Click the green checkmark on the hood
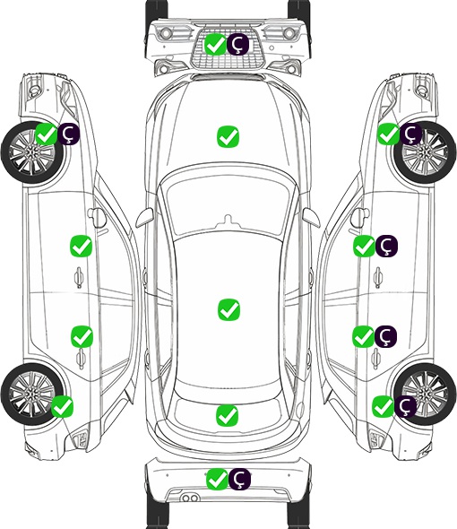click(228, 136)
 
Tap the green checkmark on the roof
click(228, 309)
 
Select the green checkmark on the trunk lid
click(227, 415)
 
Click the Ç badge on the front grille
click(237, 44)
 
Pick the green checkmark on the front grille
click(215, 44)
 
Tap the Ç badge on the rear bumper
click(239, 479)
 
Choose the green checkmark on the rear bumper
click(217, 479)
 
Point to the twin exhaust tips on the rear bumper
click(190, 499)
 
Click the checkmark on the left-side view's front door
click(81, 246)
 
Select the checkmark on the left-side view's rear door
click(82, 336)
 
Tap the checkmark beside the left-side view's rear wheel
click(63, 406)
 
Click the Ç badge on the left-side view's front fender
click(69, 134)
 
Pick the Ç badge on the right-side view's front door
click(386, 246)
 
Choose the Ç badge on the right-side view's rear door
click(385, 336)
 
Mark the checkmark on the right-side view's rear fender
click(383, 406)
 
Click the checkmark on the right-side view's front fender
click(388, 134)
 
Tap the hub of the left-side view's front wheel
click(31, 152)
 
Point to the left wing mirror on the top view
click(144, 218)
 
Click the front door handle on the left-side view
click(79, 277)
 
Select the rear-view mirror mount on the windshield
click(228, 221)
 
